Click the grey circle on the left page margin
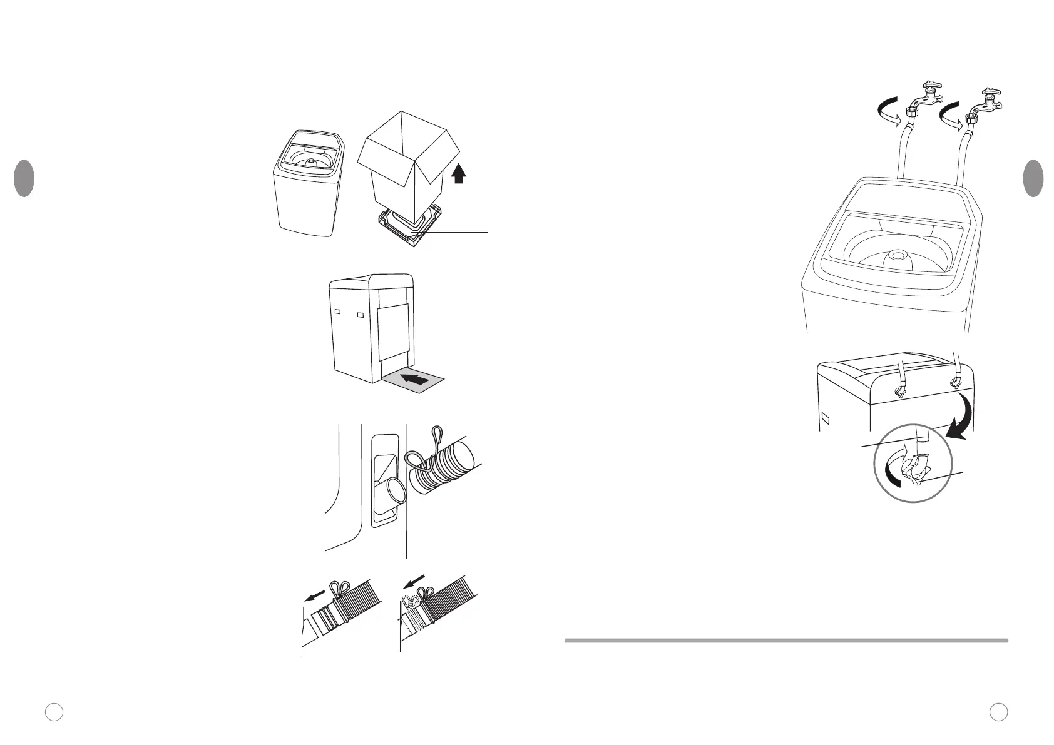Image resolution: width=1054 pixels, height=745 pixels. click(24, 178)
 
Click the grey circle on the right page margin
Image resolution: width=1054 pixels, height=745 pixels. click(1033, 178)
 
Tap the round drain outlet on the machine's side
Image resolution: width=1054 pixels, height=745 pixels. click(394, 490)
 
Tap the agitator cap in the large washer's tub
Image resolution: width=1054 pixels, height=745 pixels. click(898, 255)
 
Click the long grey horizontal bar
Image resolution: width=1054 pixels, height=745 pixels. click(786, 640)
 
